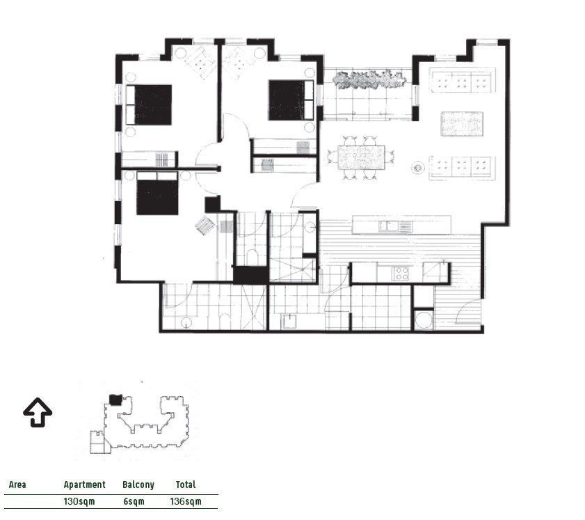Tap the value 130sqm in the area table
pyautogui.click(x=79, y=501)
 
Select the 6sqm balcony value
pyautogui.click(x=134, y=501)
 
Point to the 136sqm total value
pyautogui.click(x=186, y=501)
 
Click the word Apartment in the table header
pyautogui.click(x=85, y=484)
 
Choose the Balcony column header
pyautogui.click(x=138, y=484)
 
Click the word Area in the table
pyautogui.click(x=17, y=484)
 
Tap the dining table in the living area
pyautogui.click(x=361, y=157)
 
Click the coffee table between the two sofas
pyautogui.click(x=462, y=123)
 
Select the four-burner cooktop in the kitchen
pyautogui.click(x=401, y=274)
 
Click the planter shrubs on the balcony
pyautogui.click(x=369, y=79)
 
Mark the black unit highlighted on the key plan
pyautogui.click(x=115, y=400)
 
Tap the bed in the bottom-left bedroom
pyautogui.click(x=157, y=193)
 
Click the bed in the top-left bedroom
pyautogui.click(x=148, y=104)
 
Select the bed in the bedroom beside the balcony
pyautogui.click(x=291, y=100)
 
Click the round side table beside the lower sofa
pyautogui.click(x=418, y=168)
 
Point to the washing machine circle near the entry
pyautogui.click(x=424, y=320)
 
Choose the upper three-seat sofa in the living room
pyautogui.click(x=462, y=80)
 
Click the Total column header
pyautogui.click(x=186, y=484)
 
